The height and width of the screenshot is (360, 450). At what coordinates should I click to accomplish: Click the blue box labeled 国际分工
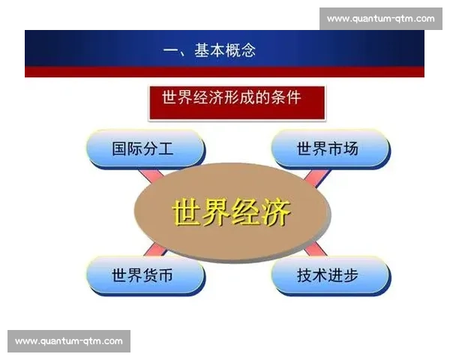pos(145,148)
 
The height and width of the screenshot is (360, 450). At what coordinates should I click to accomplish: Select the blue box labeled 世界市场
pos(330,148)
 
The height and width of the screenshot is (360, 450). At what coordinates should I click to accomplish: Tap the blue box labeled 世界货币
pos(145,275)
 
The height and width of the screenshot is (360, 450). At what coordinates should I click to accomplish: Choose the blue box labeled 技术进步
pos(330,275)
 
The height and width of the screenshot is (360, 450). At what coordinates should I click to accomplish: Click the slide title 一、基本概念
pos(209,51)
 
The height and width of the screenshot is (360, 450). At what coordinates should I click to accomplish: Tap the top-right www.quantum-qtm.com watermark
pos(381,18)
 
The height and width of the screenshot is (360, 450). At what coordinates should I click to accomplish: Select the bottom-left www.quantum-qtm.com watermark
pos(68,341)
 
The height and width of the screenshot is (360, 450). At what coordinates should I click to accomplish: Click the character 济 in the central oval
pos(275,213)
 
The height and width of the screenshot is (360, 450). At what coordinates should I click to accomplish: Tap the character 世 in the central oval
pos(187,213)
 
